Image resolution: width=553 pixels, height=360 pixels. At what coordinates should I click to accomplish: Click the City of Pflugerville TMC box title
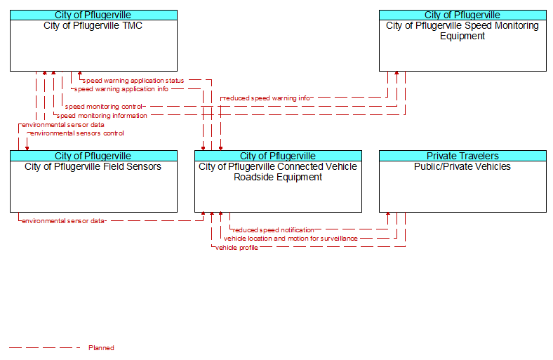pos(93,26)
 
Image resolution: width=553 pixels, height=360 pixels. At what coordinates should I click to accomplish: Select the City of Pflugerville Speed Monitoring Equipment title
pos(462,31)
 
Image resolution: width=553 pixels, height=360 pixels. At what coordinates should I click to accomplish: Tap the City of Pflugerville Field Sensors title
pos(93,167)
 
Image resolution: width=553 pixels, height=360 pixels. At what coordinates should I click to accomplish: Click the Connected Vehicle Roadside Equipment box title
pos(278,172)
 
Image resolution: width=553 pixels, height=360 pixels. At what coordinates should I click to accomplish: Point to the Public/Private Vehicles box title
pos(462,167)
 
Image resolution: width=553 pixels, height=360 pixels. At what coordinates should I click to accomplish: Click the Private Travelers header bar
pos(462,156)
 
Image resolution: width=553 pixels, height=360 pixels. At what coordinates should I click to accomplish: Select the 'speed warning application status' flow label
pos(133,81)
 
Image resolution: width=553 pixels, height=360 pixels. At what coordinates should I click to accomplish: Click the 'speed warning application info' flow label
pos(121,89)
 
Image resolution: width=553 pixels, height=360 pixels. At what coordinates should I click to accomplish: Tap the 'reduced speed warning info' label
pos(267,98)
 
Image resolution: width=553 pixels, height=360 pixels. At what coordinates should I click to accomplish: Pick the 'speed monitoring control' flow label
pos(103,107)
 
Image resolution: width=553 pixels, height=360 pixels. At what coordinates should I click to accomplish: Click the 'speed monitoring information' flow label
pos(102,116)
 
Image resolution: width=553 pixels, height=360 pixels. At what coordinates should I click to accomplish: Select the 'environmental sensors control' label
pos(77,133)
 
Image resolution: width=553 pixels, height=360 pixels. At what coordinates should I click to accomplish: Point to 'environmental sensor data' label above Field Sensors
pos(62,125)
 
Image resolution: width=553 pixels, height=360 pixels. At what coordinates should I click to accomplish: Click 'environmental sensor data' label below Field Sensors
pos(63,221)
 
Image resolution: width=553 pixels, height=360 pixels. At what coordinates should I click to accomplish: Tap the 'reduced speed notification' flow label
pos(273,230)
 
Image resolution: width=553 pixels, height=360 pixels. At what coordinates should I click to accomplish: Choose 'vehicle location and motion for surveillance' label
pos(291,239)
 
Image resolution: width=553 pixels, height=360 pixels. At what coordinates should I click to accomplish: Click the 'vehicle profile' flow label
pos(236,248)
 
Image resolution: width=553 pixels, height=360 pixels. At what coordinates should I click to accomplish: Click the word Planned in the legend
pos(101,348)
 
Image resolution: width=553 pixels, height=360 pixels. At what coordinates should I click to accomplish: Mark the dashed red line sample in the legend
pos(45,348)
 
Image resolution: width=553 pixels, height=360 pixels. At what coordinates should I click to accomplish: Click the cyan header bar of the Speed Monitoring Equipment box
pos(462,15)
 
